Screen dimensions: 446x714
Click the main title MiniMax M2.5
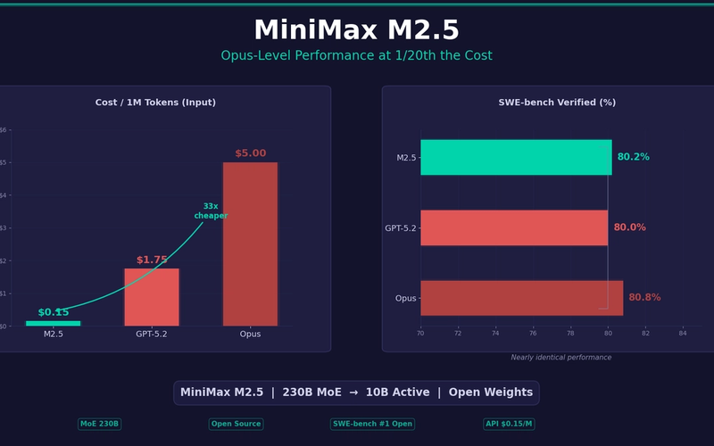tap(356, 30)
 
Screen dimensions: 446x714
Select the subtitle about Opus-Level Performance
tap(356, 56)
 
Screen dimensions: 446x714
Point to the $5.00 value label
tap(250, 153)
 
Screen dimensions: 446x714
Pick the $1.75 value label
tap(152, 260)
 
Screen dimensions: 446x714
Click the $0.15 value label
tap(53, 312)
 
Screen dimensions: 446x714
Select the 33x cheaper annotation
tap(211, 211)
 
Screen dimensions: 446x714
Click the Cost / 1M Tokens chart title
tap(155, 103)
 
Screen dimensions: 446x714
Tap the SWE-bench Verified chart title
tap(557, 103)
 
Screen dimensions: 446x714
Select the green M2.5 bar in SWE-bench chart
tap(516, 157)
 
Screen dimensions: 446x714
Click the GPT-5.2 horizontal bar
tap(513, 227)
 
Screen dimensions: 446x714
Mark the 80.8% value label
tap(644, 298)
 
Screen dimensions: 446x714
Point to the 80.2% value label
tap(633, 157)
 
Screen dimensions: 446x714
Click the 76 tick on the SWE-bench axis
tap(533, 333)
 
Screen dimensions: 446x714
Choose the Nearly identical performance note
tap(560, 358)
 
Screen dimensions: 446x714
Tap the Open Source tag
tap(236, 424)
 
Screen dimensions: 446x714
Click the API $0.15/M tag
tap(509, 424)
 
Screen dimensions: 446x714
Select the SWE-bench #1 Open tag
tap(372, 424)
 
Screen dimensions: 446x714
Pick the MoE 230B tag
tap(99, 424)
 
